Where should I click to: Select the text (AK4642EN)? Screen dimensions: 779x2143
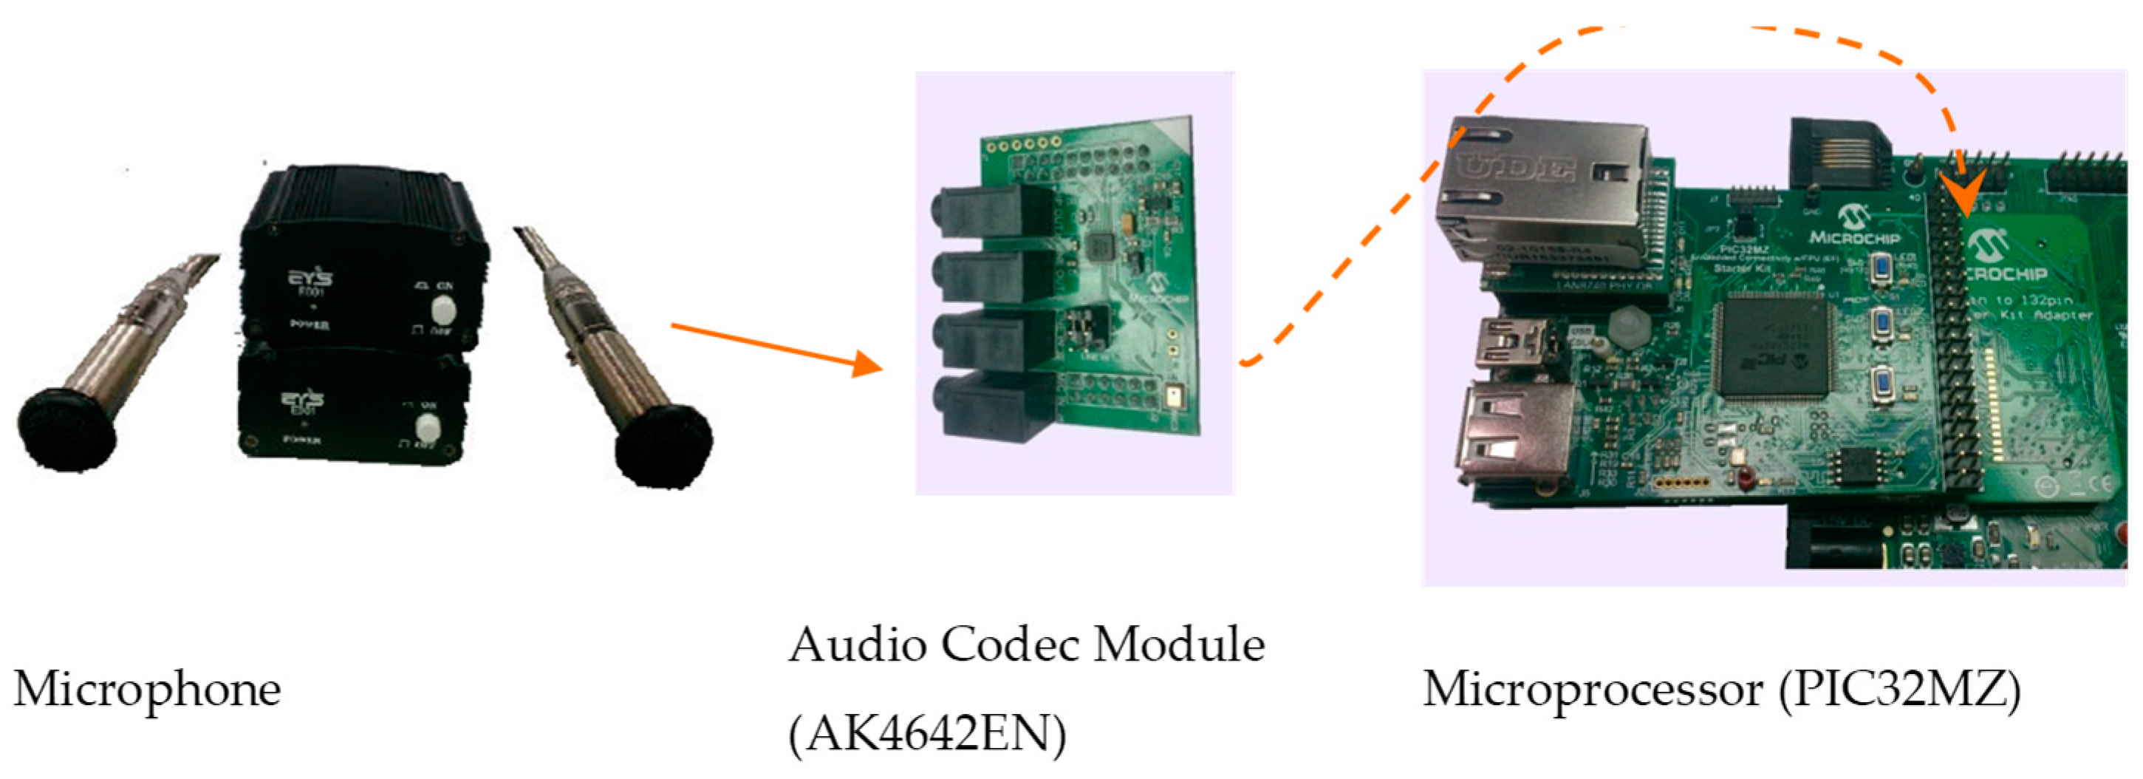927,734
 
